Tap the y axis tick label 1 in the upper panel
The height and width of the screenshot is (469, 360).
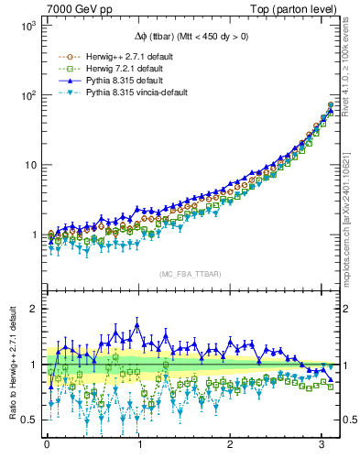point(33,235)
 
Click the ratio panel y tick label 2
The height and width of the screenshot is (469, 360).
point(33,309)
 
